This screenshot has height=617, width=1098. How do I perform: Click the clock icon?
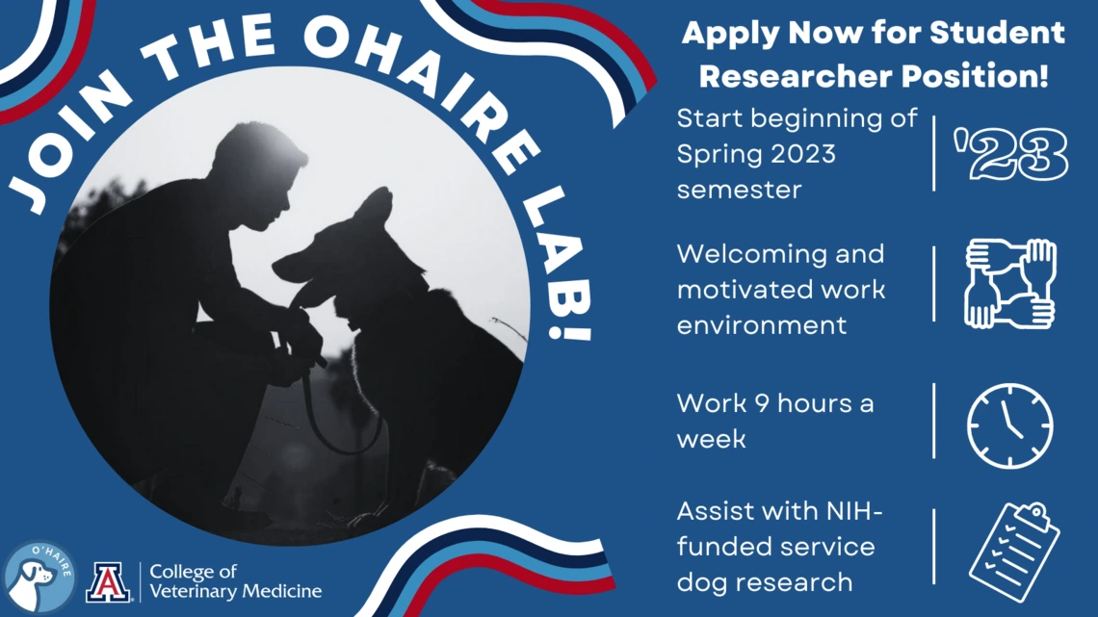(x=1009, y=425)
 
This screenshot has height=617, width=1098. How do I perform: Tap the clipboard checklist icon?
(x=1014, y=552)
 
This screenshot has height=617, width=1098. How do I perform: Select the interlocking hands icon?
(x=1009, y=284)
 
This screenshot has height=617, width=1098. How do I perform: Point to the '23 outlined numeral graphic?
(x=1010, y=155)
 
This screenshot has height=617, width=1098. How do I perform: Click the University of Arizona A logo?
(x=108, y=582)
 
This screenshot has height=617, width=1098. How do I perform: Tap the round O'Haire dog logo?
(x=39, y=578)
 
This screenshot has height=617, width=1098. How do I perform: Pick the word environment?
(x=761, y=325)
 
